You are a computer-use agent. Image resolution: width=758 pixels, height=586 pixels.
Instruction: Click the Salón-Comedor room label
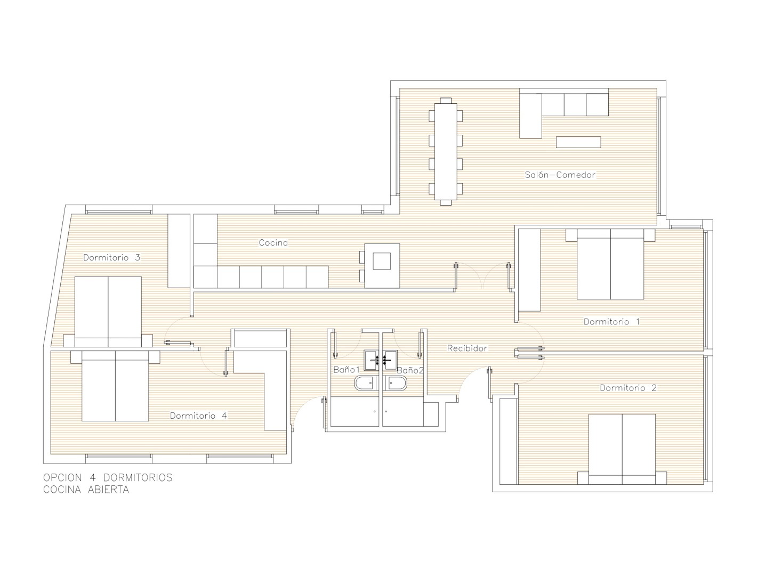coord(560,175)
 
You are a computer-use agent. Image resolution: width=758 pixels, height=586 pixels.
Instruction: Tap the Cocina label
coord(273,242)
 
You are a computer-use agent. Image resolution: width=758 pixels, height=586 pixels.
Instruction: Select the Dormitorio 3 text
coord(111,258)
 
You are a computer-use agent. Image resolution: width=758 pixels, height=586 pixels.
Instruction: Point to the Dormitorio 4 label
coord(198,416)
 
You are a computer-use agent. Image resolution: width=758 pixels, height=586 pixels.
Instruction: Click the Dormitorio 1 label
coord(612,321)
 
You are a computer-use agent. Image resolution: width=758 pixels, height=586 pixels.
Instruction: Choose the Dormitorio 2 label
coord(628,388)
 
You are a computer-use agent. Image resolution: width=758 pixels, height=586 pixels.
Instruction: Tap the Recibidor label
coord(467,348)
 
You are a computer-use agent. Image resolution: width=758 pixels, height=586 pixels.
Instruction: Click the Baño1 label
coord(346,370)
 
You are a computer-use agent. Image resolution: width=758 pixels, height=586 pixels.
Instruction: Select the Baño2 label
coord(410,370)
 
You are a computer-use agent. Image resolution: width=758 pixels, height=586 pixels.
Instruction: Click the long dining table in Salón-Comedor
coord(446,152)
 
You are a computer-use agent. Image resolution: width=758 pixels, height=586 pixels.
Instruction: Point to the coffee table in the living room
coord(578,142)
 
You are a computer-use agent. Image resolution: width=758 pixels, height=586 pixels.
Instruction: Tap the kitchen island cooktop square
coord(382,261)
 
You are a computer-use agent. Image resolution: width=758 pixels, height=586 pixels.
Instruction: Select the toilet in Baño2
coord(396,384)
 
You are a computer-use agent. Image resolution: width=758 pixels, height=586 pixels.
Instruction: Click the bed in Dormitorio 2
coord(622,449)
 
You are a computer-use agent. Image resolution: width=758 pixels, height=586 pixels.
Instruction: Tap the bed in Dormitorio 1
coord(610,264)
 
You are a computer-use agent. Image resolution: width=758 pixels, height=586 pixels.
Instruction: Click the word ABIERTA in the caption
coord(108,490)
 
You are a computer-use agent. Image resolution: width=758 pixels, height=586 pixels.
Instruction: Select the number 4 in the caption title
coord(92,477)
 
